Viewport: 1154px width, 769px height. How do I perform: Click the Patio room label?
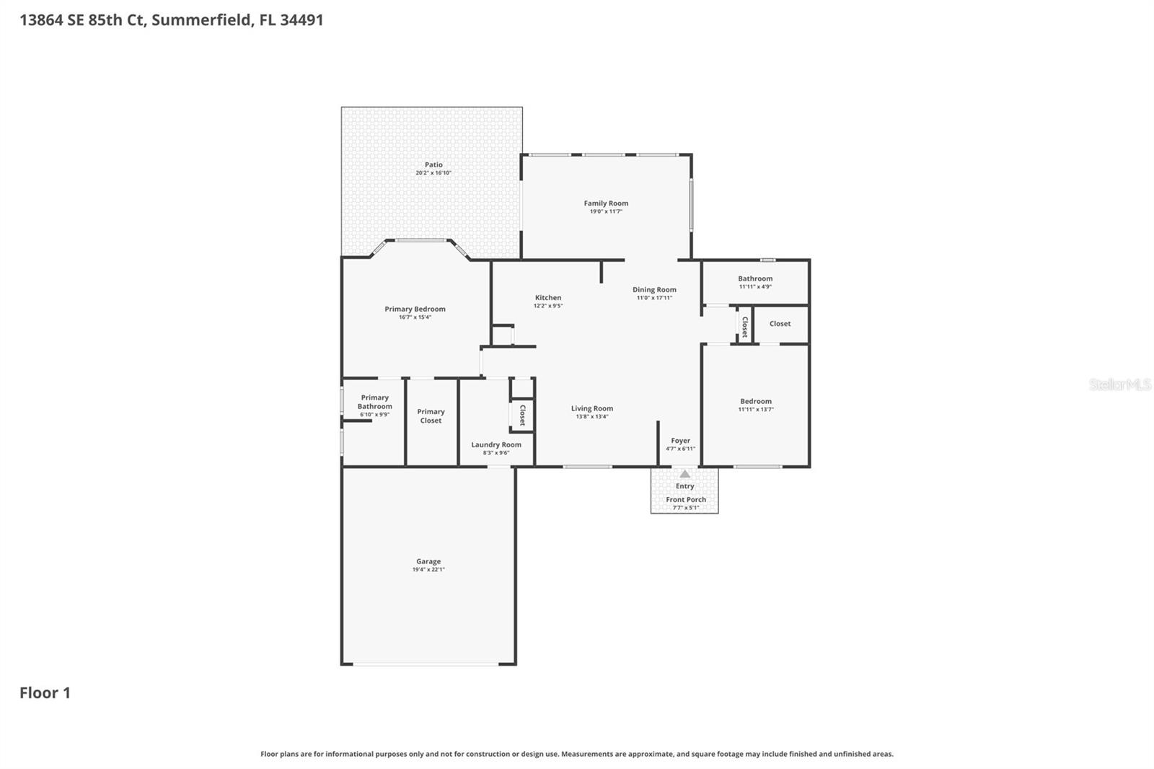click(x=433, y=164)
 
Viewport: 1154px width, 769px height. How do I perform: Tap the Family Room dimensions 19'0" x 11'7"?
click(x=606, y=211)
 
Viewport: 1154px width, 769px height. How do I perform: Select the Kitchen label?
click(x=548, y=297)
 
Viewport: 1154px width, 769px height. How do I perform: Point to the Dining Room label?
click(x=654, y=289)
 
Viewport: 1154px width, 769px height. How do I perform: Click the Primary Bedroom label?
click(x=415, y=309)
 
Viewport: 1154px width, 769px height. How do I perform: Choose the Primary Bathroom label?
click(x=374, y=402)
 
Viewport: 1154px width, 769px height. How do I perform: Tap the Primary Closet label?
click(x=431, y=416)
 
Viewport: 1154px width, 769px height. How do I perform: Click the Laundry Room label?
click(x=496, y=444)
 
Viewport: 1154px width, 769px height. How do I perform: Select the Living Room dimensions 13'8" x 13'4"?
click(x=592, y=416)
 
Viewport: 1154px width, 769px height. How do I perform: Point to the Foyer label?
click(x=680, y=440)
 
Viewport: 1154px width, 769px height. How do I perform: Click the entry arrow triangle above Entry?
click(x=684, y=474)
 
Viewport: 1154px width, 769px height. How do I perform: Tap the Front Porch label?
click(x=686, y=499)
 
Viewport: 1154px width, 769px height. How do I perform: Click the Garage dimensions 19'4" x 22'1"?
click(x=428, y=569)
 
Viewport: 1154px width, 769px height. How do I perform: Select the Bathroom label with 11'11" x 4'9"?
click(x=755, y=278)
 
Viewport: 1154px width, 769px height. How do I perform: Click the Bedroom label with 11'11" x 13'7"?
click(x=756, y=401)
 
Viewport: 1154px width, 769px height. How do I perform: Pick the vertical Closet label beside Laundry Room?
click(x=522, y=416)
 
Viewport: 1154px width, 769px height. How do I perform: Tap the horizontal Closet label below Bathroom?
click(x=780, y=323)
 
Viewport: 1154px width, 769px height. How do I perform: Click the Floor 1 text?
click(x=45, y=693)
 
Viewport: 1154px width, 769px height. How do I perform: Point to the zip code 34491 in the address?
click(x=301, y=19)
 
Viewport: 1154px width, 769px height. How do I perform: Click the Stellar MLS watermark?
click(x=1119, y=384)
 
